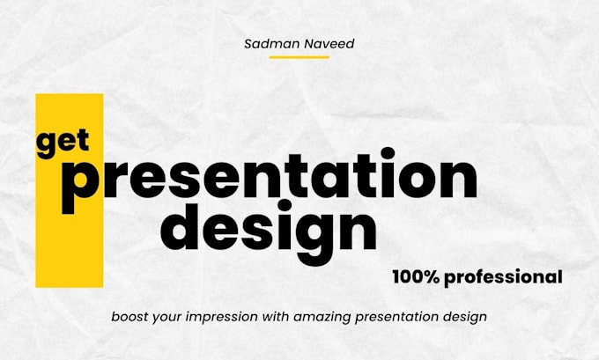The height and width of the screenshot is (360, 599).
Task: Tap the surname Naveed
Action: [x=328, y=43]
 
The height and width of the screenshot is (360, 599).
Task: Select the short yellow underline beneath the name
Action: [x=299, y=57]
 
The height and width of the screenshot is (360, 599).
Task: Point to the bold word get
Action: [x=63, y=142]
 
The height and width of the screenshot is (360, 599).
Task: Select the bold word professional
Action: [x=503, y=277]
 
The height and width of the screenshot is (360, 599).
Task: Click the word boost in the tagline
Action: [x=130, y=316]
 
